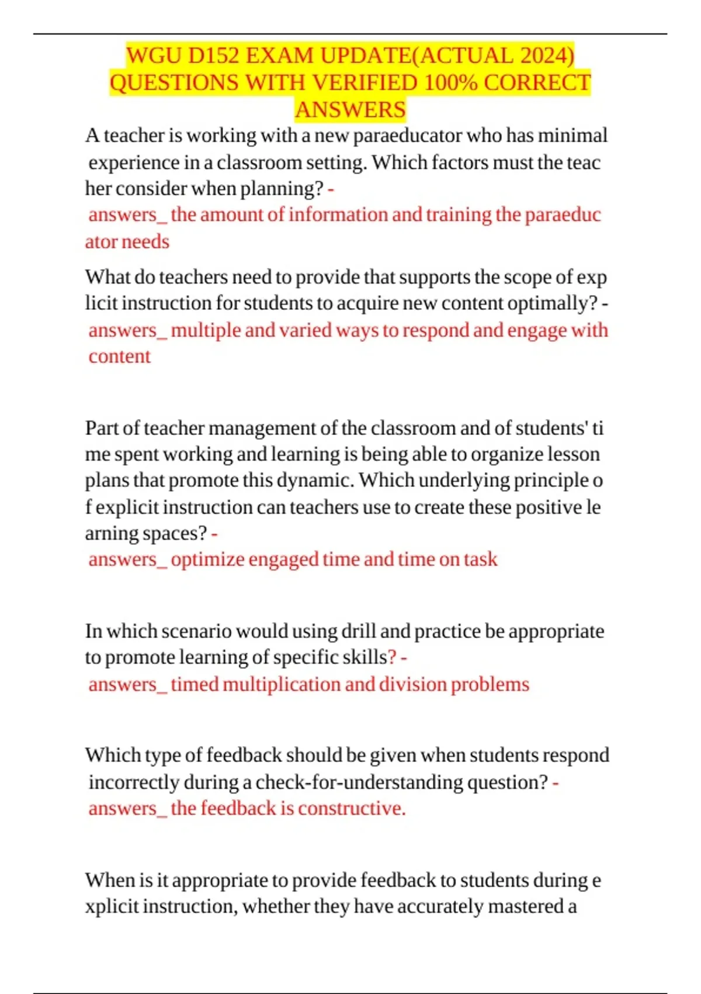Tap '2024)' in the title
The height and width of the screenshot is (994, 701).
coord(547,56)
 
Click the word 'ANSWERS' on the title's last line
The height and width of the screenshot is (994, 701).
coord(350,110)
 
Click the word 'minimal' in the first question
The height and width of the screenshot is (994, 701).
coord(572,136)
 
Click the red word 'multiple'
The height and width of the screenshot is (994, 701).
coord(206,330)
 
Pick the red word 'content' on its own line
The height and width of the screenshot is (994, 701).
coord(120,357)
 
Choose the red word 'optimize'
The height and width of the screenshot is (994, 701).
coord(207,560)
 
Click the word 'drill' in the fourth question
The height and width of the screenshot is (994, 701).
coord(358,631)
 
